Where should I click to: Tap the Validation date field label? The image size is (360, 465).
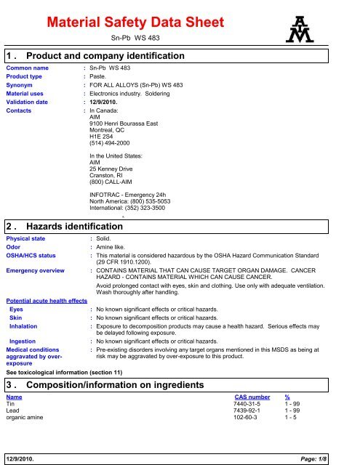click(30, 102)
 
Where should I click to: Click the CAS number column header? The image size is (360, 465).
click(255, 397)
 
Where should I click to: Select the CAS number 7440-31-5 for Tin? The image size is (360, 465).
click(249, 405)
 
